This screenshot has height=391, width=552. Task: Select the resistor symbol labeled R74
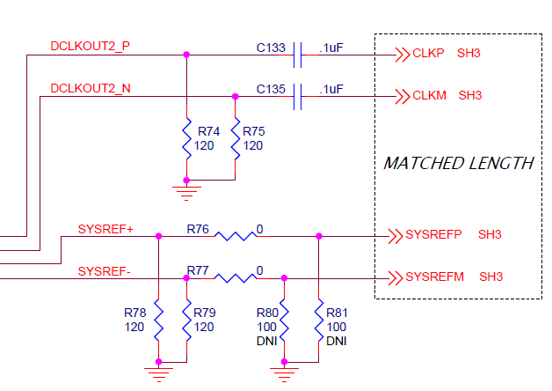(186, 137)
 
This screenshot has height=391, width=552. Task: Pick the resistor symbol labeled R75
(235, 137)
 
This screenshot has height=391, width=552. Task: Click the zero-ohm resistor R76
(235, 236)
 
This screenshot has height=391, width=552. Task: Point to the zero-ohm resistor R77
(235, 277)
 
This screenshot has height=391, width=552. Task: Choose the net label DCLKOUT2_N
(91, 88)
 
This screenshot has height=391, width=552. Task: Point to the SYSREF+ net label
(105, 229)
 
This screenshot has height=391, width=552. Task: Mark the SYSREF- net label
(104, 270)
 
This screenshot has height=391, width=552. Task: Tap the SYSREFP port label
(434, 235)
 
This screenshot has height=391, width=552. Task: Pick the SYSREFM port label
(435, 277)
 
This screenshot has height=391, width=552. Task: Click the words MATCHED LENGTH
(459, 163)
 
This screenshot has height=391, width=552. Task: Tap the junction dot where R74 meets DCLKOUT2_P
(186, 55)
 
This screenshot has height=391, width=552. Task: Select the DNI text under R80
(266, 340)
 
